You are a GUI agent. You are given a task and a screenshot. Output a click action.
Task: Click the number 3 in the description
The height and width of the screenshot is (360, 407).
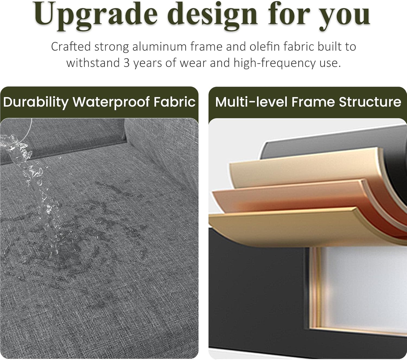[126, 63]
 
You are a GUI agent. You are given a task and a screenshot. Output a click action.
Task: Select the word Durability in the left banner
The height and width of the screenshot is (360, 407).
[36, 102]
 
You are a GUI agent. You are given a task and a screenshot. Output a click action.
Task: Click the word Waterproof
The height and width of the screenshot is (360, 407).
[111, 102]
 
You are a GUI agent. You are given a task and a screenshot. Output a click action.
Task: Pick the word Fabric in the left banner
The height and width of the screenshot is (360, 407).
[174, 102]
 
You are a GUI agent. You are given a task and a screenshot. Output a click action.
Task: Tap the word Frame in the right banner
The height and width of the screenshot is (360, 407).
[313, 102]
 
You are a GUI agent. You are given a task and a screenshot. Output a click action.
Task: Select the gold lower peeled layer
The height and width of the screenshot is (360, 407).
[301, 225]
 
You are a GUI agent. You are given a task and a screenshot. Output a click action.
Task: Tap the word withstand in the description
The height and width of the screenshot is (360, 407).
[93, 63]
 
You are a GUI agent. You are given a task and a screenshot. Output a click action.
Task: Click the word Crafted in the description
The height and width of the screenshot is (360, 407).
[71, 47]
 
